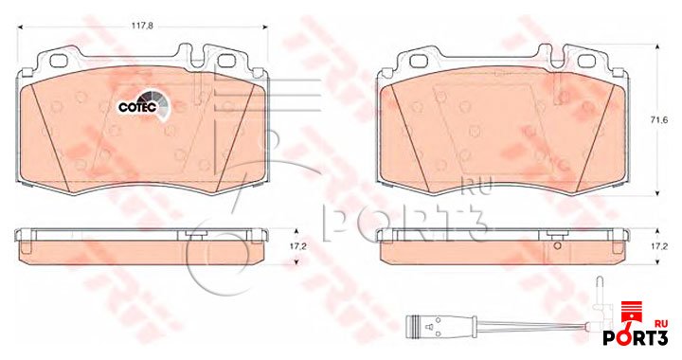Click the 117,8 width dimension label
[143, 26]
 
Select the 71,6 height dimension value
[661, 120]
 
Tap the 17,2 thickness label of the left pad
[298, 246]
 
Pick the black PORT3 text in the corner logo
[635, 337]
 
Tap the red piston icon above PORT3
[631, 315]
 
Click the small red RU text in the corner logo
[661, 323]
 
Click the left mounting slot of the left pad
[57, 61]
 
